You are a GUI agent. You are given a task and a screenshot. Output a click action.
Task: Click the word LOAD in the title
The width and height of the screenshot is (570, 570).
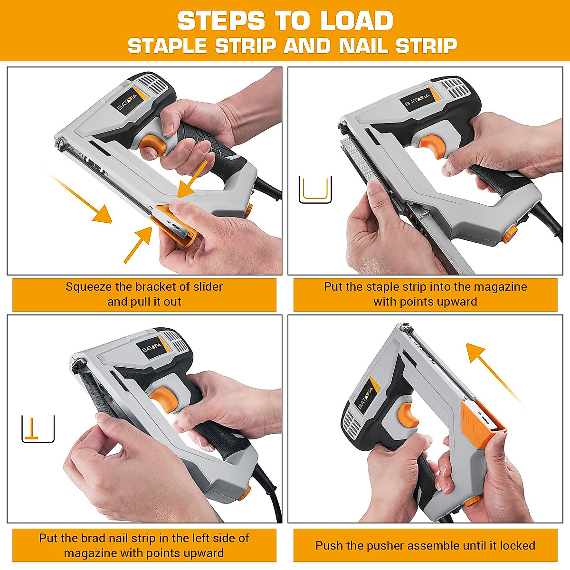[x=356, y=20]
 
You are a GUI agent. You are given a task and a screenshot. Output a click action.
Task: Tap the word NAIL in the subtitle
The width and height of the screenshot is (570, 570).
[x=364, y=46]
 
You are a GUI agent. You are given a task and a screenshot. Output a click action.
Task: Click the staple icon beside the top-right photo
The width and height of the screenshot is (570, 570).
[x=315, y=190]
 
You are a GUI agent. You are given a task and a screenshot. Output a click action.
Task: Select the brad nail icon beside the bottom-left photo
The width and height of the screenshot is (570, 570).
[x=38, y=429]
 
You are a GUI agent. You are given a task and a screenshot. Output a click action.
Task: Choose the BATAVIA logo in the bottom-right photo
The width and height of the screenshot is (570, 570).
[x=367, y=396]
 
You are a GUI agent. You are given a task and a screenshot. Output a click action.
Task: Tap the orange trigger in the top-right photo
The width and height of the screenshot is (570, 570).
[x=434, y=145]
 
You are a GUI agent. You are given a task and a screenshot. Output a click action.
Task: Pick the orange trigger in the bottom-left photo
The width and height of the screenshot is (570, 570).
[x=162, y=399]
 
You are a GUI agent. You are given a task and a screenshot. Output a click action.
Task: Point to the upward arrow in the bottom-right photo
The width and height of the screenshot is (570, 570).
[x=494, y=375]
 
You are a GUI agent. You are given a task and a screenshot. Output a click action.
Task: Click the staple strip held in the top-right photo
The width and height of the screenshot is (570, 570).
[x=356, y=158]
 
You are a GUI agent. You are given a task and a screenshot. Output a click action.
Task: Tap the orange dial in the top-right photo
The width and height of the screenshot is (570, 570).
[x=509, y=234]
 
